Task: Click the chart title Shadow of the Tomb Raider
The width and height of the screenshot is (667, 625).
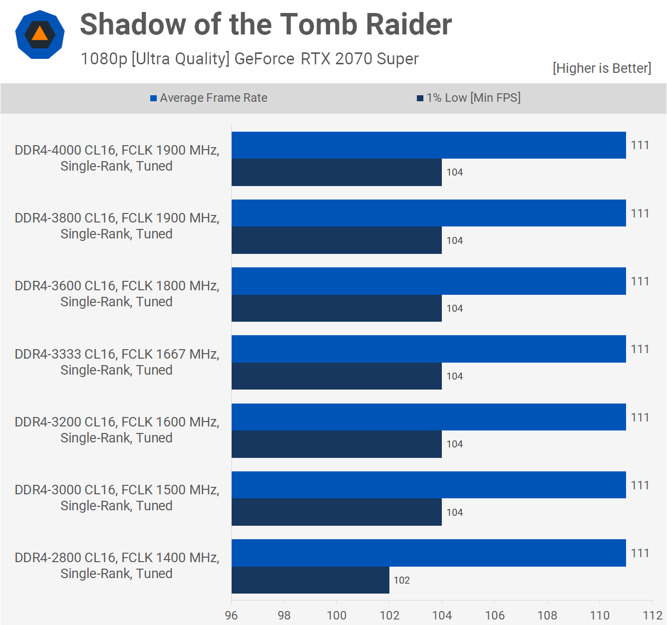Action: pos(266,24)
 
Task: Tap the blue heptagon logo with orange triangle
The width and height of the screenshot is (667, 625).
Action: pos(40,34)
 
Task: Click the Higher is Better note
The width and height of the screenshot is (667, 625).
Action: pos(602,68)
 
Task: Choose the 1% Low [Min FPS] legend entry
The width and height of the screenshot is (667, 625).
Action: pos(469,98)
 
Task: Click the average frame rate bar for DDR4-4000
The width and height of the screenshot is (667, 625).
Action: pos(428,145)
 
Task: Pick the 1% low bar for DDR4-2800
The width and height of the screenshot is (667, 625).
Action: pos(310,580)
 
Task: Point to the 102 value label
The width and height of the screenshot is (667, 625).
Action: pos(401,580)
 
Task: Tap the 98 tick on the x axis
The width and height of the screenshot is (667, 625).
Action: pos(284,615)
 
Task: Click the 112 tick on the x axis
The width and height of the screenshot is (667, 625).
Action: pos(653,615)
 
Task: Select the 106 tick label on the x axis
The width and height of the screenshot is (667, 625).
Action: pos(495,615)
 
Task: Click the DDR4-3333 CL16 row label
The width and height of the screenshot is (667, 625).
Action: pos(117,362)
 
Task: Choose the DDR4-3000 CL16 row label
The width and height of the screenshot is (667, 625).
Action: pos(117,497)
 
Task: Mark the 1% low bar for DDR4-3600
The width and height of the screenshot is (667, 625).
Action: pos(336,308)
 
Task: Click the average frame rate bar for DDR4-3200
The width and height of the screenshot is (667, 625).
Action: pos(428,417)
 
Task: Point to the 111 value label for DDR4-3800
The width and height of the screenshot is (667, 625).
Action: pos(640,213)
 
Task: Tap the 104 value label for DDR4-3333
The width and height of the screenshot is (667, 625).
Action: pos(454,376)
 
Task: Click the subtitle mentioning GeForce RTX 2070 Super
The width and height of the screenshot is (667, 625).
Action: pos(250,59)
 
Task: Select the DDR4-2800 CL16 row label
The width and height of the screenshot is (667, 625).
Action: pos(117,565)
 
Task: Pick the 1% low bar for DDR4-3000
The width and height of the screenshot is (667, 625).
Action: pos(336,512)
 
